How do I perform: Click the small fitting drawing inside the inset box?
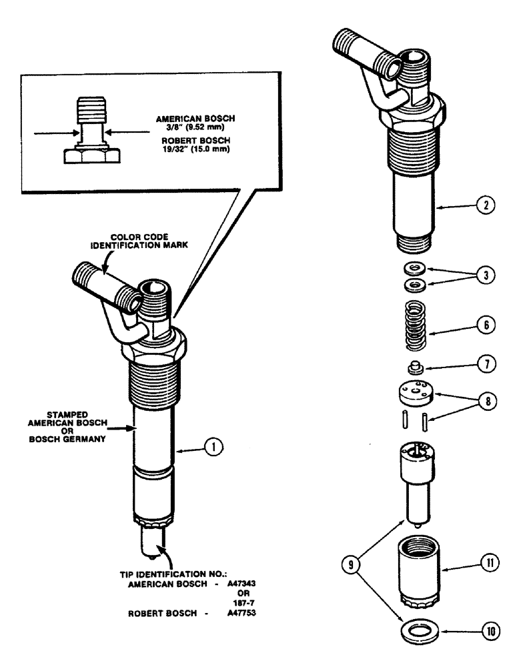[x=91, y=133]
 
